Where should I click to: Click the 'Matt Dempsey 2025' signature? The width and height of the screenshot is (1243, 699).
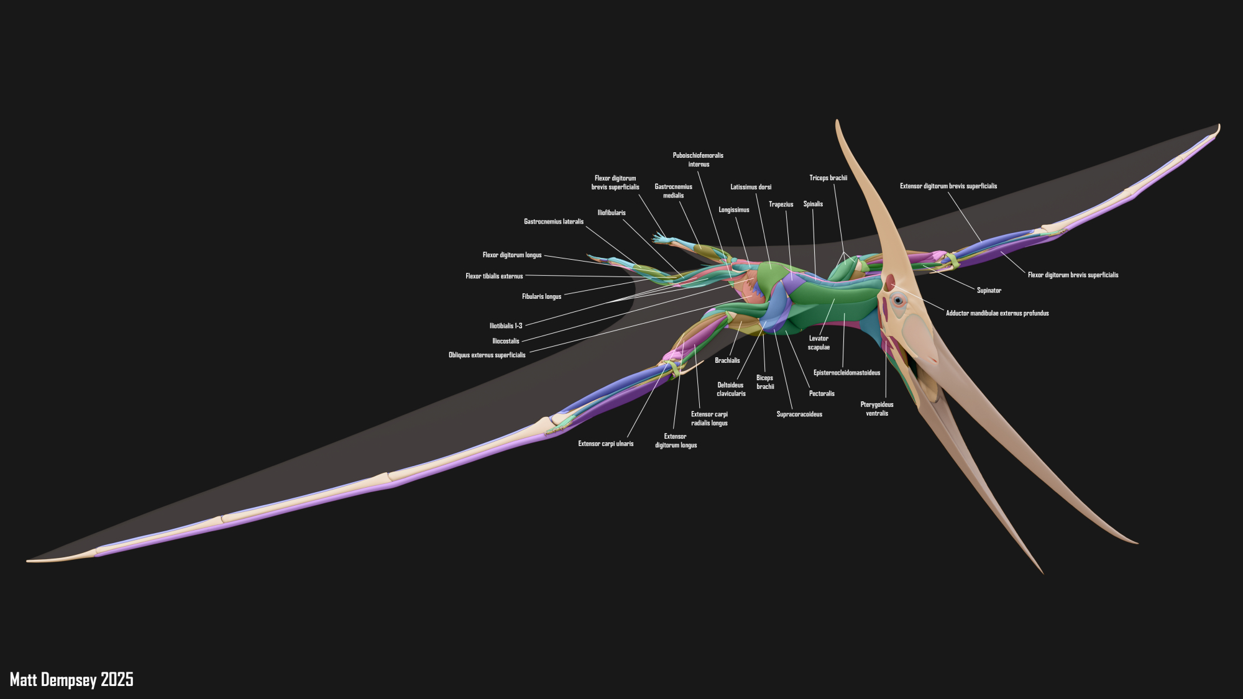click(x=71, y=679)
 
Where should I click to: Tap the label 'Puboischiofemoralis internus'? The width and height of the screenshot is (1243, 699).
click(x=698, y=160)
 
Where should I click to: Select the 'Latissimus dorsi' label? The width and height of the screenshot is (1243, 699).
click(x=751, y=187)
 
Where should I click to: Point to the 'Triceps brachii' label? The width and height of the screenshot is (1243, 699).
click(x=828, y=178)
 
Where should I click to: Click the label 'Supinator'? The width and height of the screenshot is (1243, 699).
click(x=989, y=290)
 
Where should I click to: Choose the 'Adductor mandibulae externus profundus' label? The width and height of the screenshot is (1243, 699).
click(x=997, y=313)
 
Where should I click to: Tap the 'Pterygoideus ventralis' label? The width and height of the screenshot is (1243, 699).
click(x=877, y=409)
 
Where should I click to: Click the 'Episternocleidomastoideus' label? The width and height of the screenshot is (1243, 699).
click(x=846, y=373)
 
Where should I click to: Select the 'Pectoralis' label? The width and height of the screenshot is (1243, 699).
click(x=822, y=393)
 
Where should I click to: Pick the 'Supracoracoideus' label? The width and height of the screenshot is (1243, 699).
click(x=799, y=414)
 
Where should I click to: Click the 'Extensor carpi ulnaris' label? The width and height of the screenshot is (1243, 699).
click(x=605, y=444)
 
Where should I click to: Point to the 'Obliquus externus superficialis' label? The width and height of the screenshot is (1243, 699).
click(x=487, y=355)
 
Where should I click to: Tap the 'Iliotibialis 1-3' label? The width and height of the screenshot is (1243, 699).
click(x=505, y=326)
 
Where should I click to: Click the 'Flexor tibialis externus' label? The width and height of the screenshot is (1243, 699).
click(x=494, y=276)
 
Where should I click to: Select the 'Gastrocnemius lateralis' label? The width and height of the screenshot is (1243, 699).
click(x=553, y=222)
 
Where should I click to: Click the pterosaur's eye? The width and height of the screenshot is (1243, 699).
click(x=898, y=301)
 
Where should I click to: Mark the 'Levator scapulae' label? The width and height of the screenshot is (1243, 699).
click(x=819, y=343)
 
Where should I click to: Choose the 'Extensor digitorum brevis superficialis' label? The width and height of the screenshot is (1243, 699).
click(x=948, y=186)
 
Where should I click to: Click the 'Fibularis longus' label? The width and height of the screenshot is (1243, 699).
click(x=541, y=297)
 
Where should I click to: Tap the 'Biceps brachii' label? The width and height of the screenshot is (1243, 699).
click(x=765, y=382)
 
